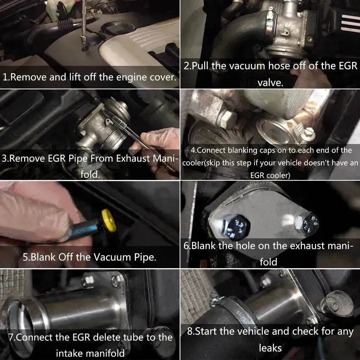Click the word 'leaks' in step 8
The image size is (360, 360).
point(270,348)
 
